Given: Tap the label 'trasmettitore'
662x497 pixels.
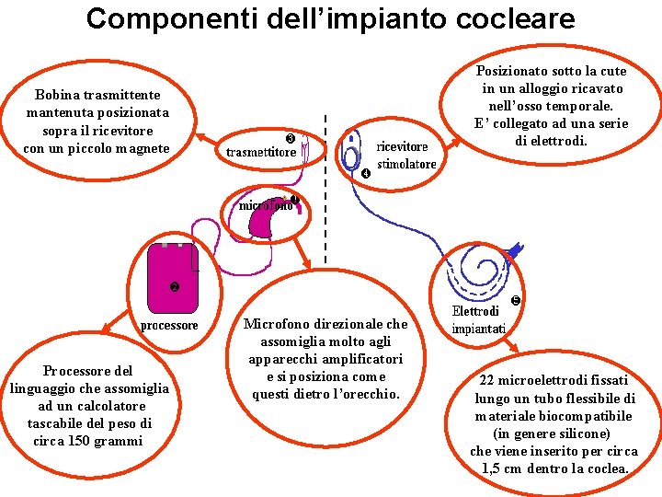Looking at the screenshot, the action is (261, 151).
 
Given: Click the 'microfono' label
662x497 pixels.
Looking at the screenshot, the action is (266, 205).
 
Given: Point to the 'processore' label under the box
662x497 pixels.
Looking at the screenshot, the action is (169, 325).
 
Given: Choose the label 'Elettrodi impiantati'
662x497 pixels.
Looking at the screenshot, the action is (478, 320).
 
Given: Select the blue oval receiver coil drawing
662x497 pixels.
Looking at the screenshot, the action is (351, 154).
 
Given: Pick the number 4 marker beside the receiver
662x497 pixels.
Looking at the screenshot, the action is (365, 173).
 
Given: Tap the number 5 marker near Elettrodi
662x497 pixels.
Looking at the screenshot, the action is (516, 300).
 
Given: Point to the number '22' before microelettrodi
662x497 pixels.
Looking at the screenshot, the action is (488, 380).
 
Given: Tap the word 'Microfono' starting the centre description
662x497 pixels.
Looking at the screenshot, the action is (273, 324).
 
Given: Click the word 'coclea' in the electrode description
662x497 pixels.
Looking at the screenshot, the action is (602, 468).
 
